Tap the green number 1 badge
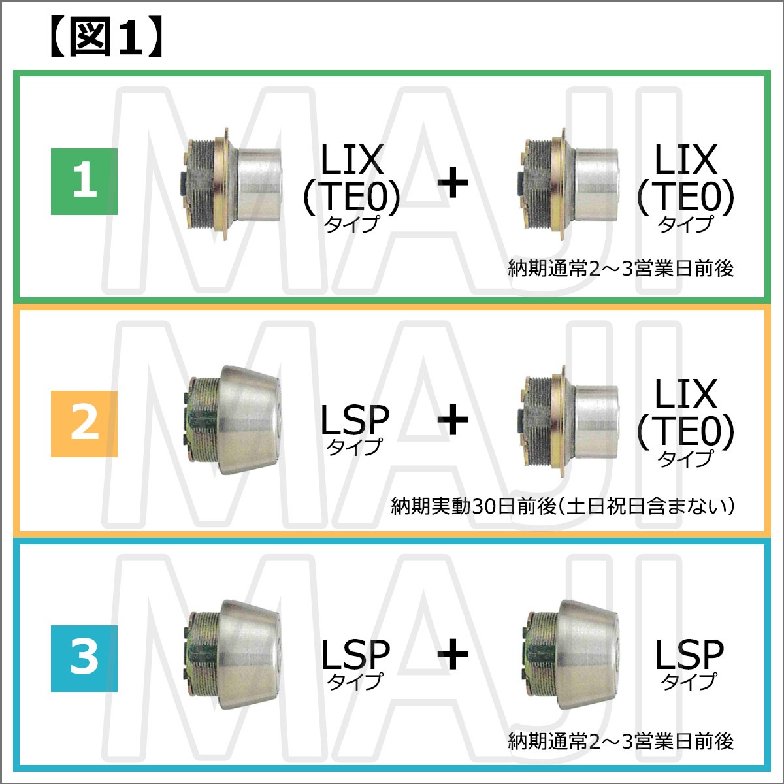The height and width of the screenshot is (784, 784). click(84, 181)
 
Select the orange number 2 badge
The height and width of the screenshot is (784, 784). click(84, 423)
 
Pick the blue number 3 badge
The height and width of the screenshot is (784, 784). click(84, 658)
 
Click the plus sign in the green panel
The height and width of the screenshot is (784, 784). click(453, 184)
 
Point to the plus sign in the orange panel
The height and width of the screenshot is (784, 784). click(453, 420)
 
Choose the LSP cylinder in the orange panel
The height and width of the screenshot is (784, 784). click(232, 419)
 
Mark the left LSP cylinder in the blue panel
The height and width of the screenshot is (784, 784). click(232, 654)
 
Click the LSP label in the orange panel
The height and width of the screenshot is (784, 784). click(354, 428)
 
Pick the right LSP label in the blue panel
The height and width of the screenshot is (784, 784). click(689, 661)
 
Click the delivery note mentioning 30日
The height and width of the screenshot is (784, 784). click(563, 506)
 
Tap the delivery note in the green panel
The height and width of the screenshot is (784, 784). click(621, 269)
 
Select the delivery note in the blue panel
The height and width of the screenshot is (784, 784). click(621, 742)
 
